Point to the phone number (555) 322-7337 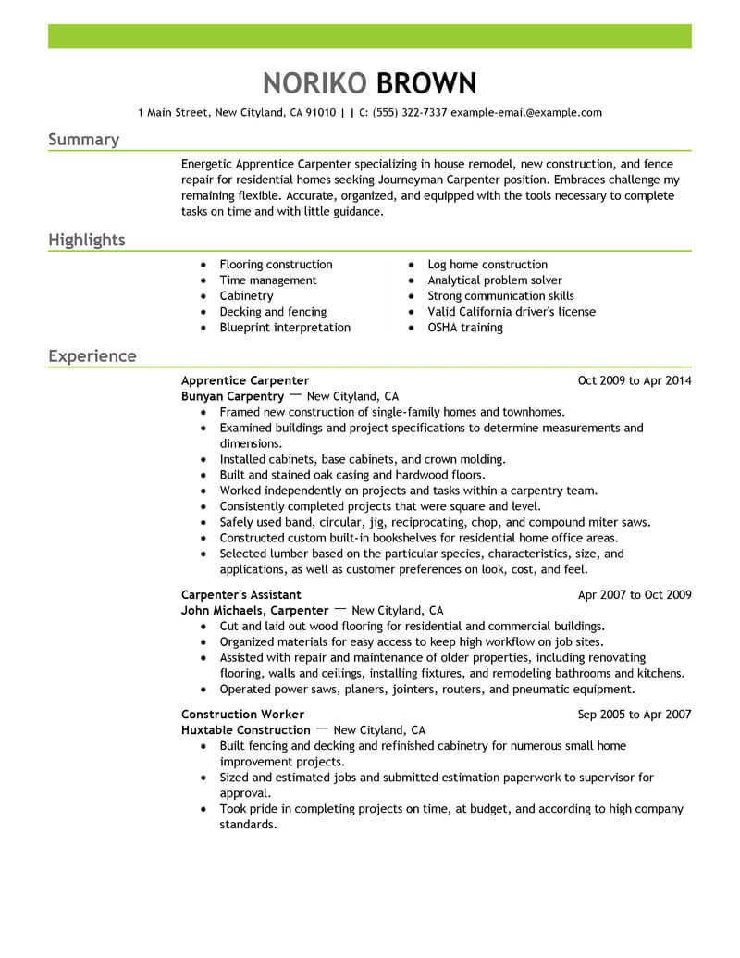413,113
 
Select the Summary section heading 83,140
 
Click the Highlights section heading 86,241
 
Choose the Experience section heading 92,356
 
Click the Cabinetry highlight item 246,296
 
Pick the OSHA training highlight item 465,328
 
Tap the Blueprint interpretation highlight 285,328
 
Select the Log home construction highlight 487,265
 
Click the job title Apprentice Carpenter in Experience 245,380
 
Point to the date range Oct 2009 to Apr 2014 634,380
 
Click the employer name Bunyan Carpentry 232,396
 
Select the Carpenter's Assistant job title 241,595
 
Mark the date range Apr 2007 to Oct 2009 634,595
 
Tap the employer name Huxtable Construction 246,730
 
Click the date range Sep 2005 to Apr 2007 634,715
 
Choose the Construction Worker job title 242,715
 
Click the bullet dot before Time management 203,280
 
